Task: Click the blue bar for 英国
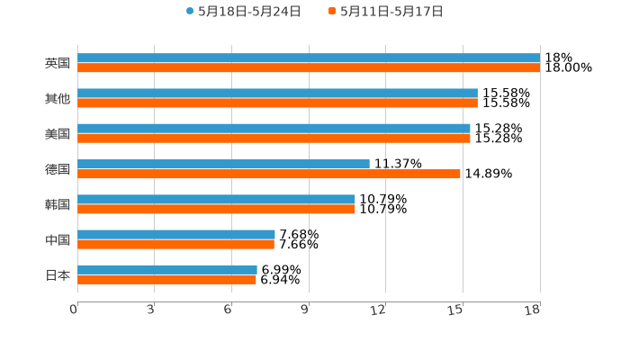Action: [309, 58]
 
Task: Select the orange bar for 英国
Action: [309, 68]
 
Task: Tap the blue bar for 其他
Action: [277, 94]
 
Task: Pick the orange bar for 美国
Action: [274, 139]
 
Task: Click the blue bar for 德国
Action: [223, 164]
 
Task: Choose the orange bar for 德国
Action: [269, 174]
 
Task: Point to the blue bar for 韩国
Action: [216, 199]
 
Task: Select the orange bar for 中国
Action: [175, 245]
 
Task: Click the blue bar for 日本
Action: [167, 270]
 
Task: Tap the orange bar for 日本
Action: [166, 280]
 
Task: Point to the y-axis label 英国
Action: [58, 64]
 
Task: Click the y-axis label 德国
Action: [58, 169]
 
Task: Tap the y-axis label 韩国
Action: [58, 204]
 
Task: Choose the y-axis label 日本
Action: [58, 274]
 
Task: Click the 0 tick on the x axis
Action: [74, 310]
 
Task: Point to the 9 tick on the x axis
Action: [305, 310]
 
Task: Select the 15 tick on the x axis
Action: [456, 310]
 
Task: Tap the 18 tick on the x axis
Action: [533, 310]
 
